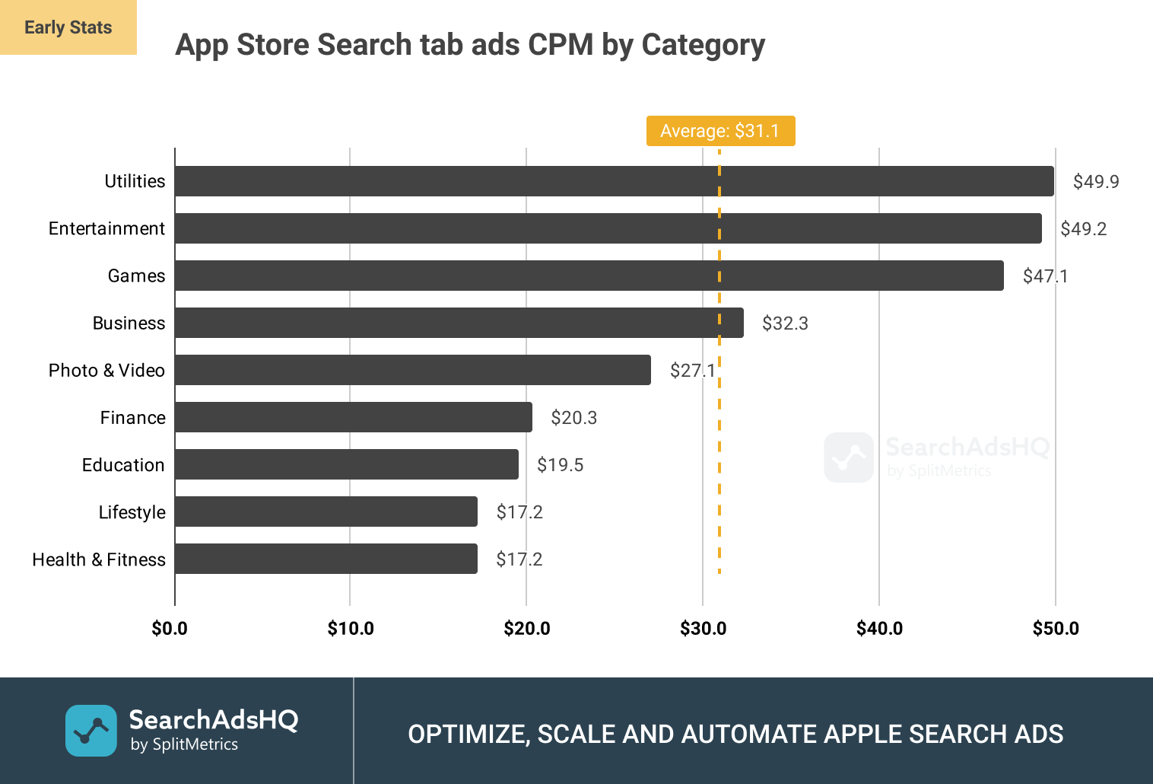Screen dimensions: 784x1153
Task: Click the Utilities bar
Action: [x=614, y=181]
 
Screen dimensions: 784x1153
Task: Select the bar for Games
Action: [x=589, y=276]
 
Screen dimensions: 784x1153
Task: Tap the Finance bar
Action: [x=354, y=417]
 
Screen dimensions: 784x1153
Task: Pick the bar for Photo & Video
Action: [x=413, y=370]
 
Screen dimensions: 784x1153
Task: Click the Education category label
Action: [x=123, y=465]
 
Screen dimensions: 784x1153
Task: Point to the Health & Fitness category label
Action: [x=99, y=559]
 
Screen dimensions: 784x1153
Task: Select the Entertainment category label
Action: [x=106, y=228]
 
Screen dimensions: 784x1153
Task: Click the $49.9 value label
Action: [x=1096, y=181]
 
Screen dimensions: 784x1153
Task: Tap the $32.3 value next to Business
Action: [x=785, y=323]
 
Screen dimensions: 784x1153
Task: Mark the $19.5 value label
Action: [x=560, y=465]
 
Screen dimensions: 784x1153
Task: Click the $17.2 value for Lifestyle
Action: [x=519, y=512]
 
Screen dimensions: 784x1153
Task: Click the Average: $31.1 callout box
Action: [x=720, y=131]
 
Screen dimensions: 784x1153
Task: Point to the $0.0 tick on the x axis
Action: [x=170, y=629]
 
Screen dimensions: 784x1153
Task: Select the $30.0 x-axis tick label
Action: [x=703, y=629]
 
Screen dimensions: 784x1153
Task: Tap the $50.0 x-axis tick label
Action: [x=1056, y=629]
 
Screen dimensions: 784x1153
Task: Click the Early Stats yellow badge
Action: [x=68, y=27]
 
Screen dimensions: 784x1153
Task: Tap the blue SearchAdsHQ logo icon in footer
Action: [x=91, y=731]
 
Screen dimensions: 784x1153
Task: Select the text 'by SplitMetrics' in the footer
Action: [x=184, y=744]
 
